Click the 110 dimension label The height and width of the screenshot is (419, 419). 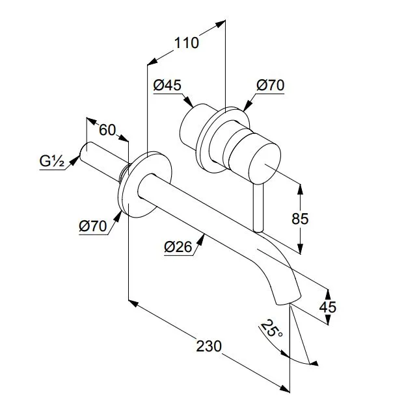pos(187,43)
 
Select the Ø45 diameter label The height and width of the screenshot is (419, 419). pos(167,85)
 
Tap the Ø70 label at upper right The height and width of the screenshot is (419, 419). pos(270,85)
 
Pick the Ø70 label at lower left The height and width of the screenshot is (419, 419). pos(93,226)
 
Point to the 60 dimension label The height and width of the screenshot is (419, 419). pos(107,130)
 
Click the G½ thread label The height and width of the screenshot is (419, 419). pos(51,161)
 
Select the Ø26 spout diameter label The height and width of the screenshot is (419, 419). pos(178,247)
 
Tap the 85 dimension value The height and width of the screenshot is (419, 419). pos(300,218)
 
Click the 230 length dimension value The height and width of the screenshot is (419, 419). pos(209,346)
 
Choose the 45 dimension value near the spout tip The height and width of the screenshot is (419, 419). pos(327,307)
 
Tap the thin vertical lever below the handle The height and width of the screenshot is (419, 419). pos(258,208)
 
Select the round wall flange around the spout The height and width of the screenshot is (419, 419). pos(144,184)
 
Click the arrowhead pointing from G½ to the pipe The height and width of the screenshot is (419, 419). pos(75,160)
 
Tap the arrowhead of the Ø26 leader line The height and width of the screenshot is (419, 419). pos(200,239)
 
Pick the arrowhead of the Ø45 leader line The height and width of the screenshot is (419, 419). pos(189,102)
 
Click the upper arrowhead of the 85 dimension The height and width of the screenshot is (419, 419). pos(300,190)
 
